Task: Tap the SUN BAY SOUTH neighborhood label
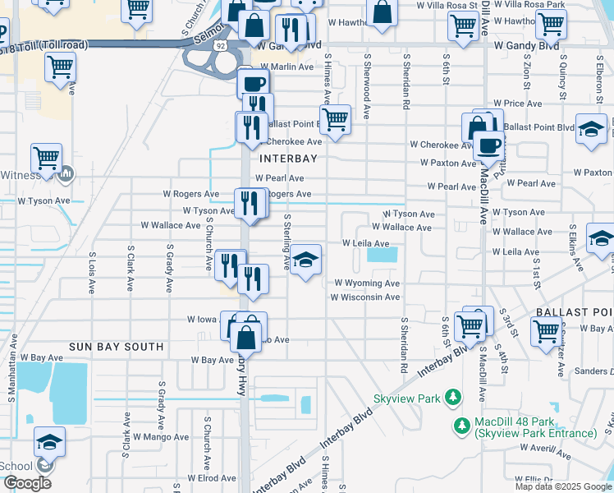pyautogui.click(x=116, y=347)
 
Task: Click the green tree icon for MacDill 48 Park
pyautogui.click(x=462, y=426)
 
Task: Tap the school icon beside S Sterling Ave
pyautogui.click(x=305, y=260)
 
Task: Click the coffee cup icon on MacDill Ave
pyautogui.click(x=489, y=145)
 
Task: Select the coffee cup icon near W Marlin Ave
pyautogui.click(x=254, y=83)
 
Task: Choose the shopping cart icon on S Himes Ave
pyautogui.click(x=335, y=119)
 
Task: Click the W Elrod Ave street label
pyautogui.click(x=211, y=477)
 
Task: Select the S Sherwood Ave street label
pyautogui.click(x=367, y=86)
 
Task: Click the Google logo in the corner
pyautogui.click(x=28, y=483)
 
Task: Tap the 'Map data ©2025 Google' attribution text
pyautogui.click(x=562, y=486)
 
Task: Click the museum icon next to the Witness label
pyautogui.click(x=66, y=174)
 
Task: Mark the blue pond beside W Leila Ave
pyautogui.click(x=381, y=255)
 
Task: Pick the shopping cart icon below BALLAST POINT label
pyautogui.click(x=546, y=332)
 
